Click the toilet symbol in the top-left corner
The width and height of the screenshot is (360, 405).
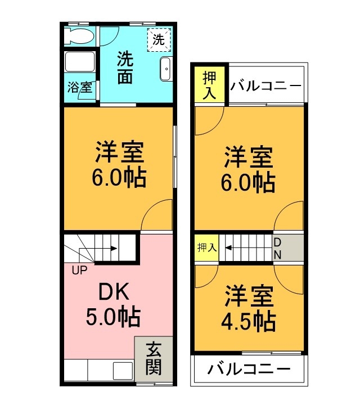coord(78,37)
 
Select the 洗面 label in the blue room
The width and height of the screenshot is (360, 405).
coord(125,67)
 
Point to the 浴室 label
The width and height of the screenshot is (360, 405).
coord(79,88)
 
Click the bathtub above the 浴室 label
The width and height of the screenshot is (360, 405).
coord(79,62)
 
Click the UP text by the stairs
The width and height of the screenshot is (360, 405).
coord(79,269)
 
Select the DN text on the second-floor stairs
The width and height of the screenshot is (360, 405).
coord(278,248)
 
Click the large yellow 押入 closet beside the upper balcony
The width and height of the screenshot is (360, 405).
coord(209,85)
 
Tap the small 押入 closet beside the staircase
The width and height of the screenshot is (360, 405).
coord(207,247)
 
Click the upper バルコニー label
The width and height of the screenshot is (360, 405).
coord(266,87)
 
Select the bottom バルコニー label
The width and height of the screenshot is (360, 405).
coord(248,370)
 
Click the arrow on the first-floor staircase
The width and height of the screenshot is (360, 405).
coord(107,247)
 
